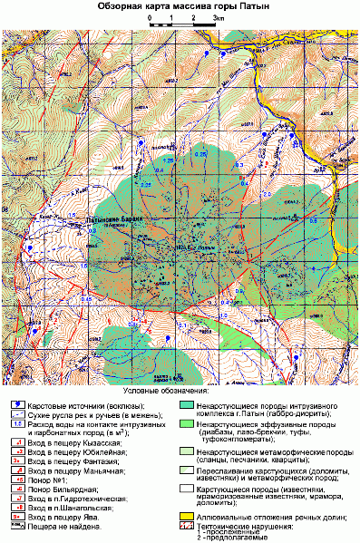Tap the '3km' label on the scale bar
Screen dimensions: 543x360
pyautogui.click(x=219, y=17)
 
